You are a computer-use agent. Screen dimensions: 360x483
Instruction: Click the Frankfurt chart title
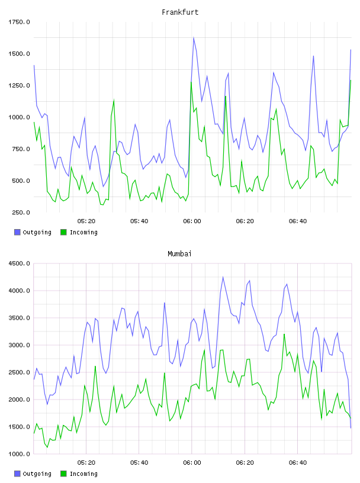[180, 12]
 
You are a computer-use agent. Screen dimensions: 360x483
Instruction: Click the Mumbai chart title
[179, 254]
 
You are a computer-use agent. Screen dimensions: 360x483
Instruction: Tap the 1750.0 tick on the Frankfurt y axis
[19, 22]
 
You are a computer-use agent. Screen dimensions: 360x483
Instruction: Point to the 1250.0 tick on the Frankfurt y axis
[19, 85]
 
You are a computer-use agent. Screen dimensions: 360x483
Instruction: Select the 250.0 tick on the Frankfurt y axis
[21, 212]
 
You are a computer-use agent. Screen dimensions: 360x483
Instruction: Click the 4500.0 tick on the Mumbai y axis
[19, 263]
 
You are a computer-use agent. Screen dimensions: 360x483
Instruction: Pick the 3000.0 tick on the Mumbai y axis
[19, 345]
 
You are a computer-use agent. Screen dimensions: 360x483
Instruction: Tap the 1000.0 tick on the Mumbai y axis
[19, 454]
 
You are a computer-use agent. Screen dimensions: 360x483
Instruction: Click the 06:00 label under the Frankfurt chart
[192, 221]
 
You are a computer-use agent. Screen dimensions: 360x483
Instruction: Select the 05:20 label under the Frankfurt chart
[86, 221]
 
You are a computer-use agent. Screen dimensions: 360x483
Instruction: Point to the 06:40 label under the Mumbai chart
[298, 463]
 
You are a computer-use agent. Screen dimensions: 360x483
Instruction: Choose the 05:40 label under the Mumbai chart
[139, 463]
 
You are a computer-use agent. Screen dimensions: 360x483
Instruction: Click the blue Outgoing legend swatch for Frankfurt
[17, 232]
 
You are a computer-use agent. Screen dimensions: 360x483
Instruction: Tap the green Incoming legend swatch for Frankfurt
[63, 232]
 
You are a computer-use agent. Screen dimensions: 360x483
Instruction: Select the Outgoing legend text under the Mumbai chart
[37, 474]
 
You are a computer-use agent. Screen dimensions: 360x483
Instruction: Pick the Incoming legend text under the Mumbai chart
[83, 474]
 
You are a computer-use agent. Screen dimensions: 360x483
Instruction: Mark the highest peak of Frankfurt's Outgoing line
[194, 37]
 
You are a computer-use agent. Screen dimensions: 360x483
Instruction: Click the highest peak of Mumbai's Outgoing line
[223, 277]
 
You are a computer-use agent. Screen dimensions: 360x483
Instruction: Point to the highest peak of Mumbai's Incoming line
[284, 334]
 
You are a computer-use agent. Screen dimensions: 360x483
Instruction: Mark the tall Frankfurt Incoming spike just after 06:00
[191, 82]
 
